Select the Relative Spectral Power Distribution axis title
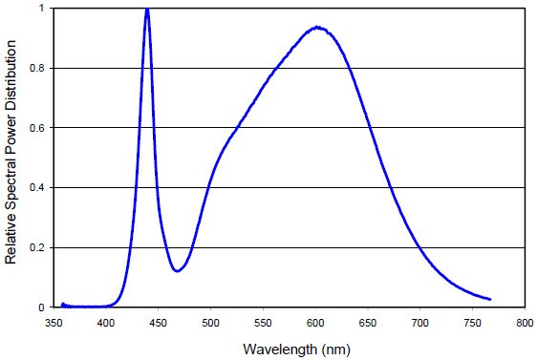[11, 158]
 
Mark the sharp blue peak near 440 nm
[147, 10]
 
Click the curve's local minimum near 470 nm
[178, 271]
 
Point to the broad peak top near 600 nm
[315, 28]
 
